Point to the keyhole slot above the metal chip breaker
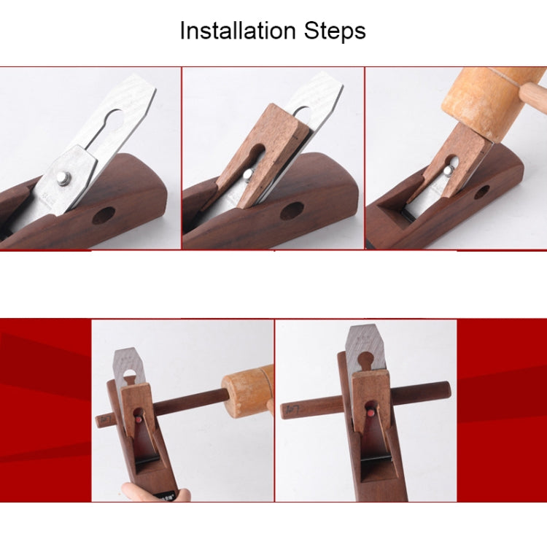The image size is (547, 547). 112,119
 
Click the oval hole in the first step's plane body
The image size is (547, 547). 104,215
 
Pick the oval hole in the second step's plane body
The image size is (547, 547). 292,211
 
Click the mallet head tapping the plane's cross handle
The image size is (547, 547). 247,392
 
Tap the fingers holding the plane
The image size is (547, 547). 153,493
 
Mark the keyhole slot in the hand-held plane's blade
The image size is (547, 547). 130,375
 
